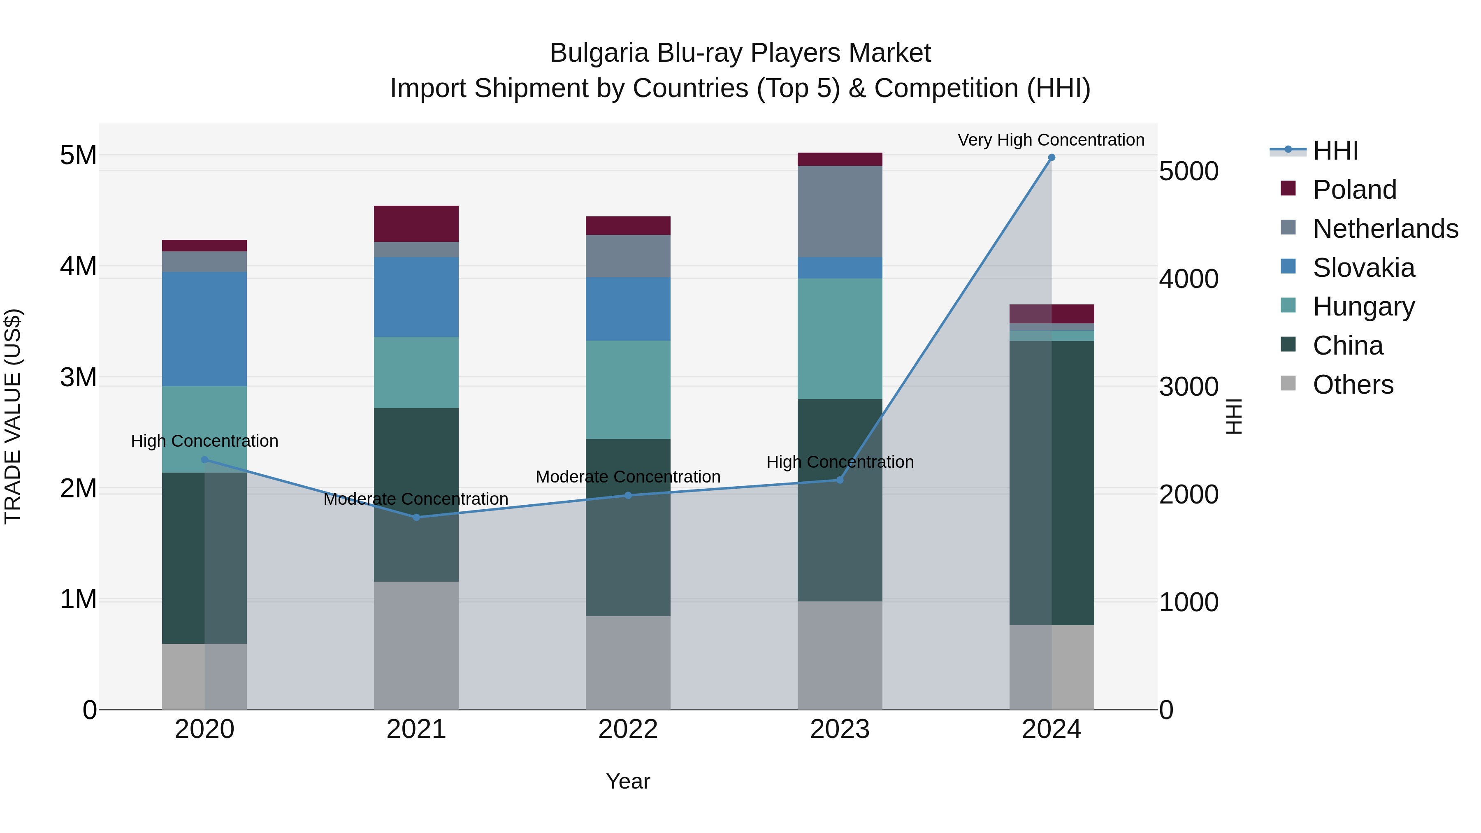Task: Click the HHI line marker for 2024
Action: click(1052, 158)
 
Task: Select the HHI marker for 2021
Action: click(416, 517)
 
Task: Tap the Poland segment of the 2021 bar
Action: click(416, 224)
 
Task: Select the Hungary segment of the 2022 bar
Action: click(628, 390)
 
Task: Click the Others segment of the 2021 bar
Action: click(416, 645)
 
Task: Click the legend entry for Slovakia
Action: click(1363, 268)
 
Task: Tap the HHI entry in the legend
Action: click(1335, 151)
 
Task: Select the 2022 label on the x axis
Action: click(628, 729)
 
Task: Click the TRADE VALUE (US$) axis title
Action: click(13, 416)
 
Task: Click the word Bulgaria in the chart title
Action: click(599, 53)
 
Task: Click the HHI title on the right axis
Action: click(1234, 416)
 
